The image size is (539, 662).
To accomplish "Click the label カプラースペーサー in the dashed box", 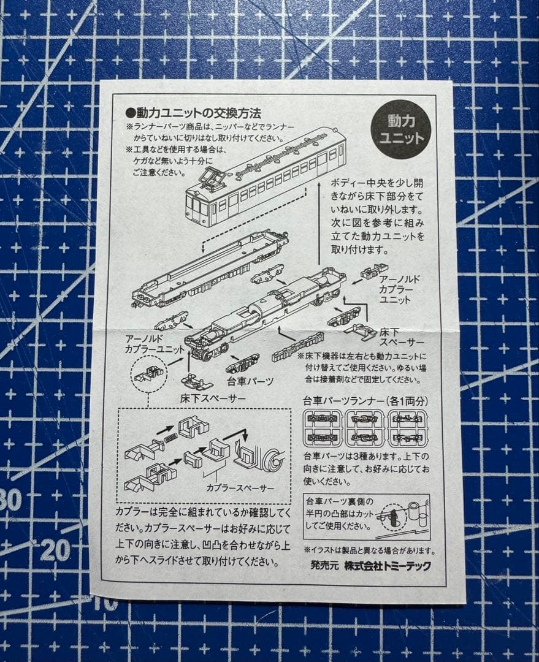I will point(240,488).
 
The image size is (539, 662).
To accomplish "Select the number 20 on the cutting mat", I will point(55,550).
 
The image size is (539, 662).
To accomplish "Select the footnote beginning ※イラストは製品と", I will point(369,550).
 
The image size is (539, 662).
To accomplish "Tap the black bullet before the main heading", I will point(129,113).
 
